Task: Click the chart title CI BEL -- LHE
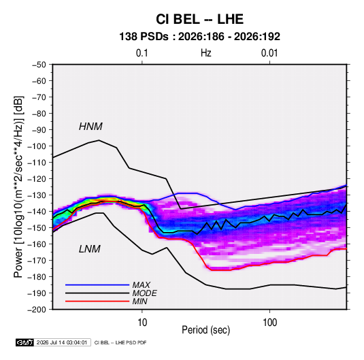(199, 19)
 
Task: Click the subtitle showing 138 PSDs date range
(199, 37)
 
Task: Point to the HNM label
(90, 127)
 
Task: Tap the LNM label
(90, 249)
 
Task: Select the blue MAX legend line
(97, 284)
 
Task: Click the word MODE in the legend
(145, 293)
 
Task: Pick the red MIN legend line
(97, 301)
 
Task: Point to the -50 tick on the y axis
(39, 65)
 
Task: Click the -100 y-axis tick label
(37, 146)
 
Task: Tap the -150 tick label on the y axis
(37, 228)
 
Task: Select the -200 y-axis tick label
(37, 310)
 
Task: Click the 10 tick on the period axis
(142, 323)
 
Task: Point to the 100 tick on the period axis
(269, 323)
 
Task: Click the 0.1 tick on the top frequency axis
(142, 53)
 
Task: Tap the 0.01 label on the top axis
(269, 53)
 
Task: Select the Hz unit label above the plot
(206, 53)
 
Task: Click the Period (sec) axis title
(206, 330)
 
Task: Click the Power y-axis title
(18, 186)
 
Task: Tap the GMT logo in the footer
(25, 342)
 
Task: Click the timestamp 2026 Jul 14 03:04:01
(62, 342)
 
